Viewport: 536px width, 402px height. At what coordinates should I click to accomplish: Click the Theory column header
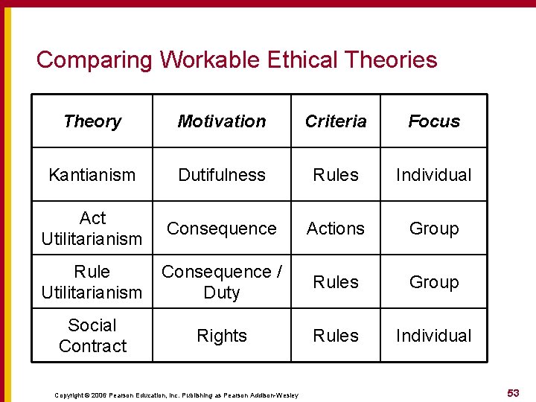click(92, 121)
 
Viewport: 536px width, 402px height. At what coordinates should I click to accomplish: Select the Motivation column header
click(222, 121)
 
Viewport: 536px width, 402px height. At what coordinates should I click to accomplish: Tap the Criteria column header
click(336, 121)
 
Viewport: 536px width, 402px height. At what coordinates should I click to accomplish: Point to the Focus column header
click(434, 121)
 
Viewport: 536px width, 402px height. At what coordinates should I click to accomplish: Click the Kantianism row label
click(92, 175)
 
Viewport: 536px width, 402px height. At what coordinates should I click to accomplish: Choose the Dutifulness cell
click(222, 175)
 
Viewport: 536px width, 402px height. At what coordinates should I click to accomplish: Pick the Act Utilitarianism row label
click(92, 229)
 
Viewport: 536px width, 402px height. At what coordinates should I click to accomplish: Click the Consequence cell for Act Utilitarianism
click(222, 229)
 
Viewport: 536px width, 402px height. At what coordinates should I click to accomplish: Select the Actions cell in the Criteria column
click(336, 229)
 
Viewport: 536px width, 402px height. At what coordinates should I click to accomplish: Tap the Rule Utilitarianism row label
click(92, 282)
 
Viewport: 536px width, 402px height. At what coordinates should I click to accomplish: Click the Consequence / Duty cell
click(222, 282)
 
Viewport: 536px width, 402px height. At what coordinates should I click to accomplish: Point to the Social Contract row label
click(92, 336)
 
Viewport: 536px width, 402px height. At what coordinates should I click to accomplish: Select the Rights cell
click(222, 336)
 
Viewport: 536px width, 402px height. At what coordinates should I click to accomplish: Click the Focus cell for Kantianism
click(434, 175)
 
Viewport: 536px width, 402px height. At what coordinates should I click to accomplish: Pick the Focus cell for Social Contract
click(434, 336)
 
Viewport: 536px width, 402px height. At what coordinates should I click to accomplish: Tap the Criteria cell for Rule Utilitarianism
click(336, 282)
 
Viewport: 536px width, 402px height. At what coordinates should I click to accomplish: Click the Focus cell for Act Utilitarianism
click(434, 229)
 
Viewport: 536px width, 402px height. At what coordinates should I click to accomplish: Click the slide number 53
click(513, 393)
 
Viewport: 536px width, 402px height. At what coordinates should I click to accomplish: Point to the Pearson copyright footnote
click(176, 395)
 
